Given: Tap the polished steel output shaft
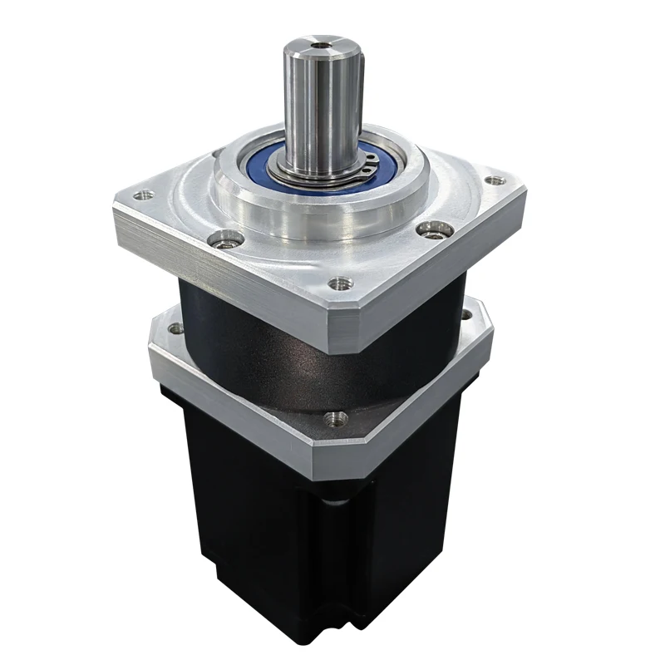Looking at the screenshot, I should (x=321, y=100).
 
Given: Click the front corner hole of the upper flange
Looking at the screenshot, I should (x=336, y=283).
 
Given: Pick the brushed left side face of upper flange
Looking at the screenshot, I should (x=208, y=249).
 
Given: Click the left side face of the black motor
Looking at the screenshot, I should (x=249, y=515).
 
